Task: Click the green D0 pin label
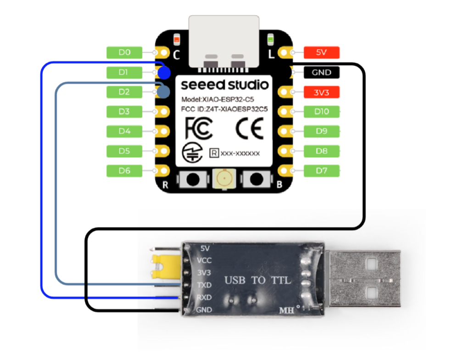click(x=124, y=53)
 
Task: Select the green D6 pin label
click(x=124, y=171)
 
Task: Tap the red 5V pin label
click(x=321, y=53)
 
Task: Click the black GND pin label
click(x=321, y=72)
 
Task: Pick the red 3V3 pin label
click(x=321, y=92)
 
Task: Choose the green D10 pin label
click(x=321, y=112)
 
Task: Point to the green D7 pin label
click(x=321, y=171)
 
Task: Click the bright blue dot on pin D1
click(x=164, y=72)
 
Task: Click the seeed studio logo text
click(x=224, y=85)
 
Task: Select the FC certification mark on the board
click(x=198, y=129)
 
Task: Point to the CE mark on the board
click(x=250, y=129)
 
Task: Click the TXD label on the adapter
click(x=204, y=285)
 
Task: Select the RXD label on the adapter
click(x=204, y=298)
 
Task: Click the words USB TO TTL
click(x=257, y=280)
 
